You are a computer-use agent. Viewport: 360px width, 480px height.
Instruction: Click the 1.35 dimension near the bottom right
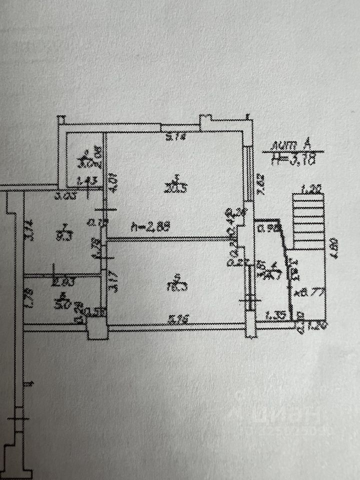tap(275, 315)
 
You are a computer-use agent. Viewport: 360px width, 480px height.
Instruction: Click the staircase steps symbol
tap(307, 220)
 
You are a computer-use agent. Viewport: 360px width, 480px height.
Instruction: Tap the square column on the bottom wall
tap(95, 328)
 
